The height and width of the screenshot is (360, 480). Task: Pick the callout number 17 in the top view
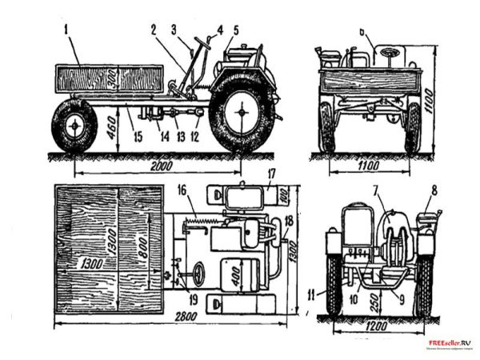pyautogui.click(x=271, y=171)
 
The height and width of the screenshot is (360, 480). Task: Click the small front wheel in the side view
pyautogui.click(x=74, y=126)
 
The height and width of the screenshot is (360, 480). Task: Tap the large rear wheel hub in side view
pyautogui.click(x=238, y=112)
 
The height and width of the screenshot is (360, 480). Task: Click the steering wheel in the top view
pyautogui.click(x=197, y=274)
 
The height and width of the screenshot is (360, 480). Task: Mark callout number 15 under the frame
pyautogui.click(x=137, y=137)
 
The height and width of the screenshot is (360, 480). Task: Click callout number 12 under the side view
pyautogui.click(x=196, y=135)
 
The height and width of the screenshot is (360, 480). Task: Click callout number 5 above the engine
pyautogui.click(x=235, y=30)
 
